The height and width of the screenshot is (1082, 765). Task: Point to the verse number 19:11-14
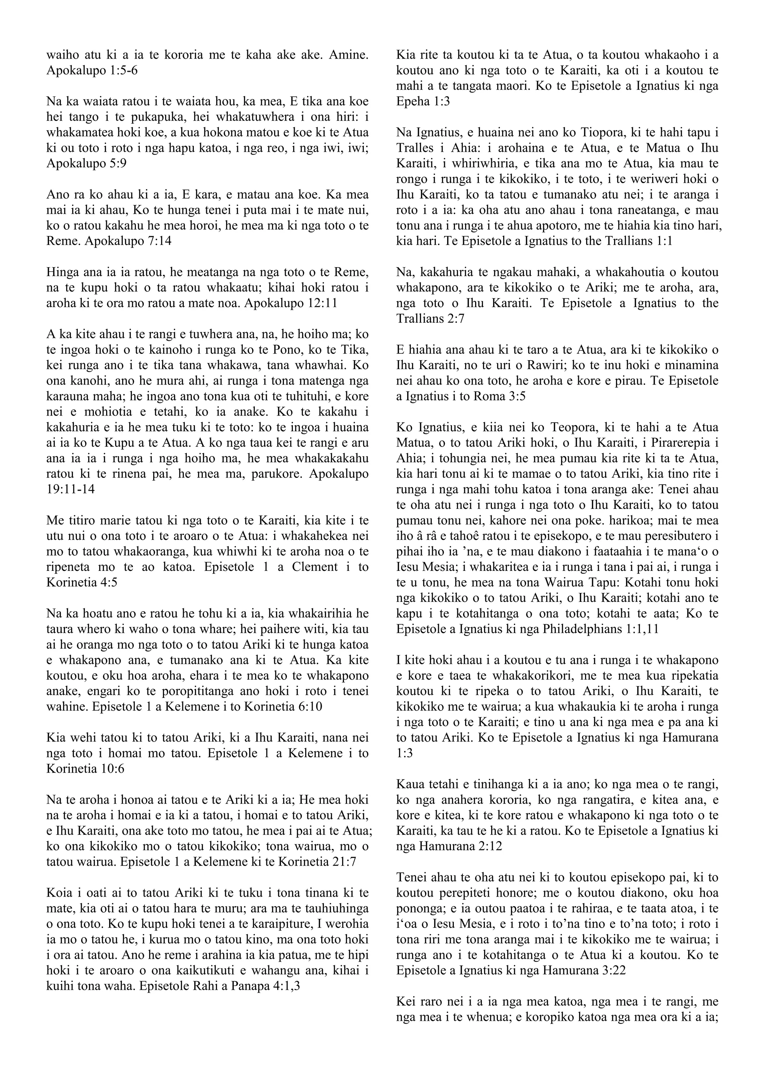pos(71,489)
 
